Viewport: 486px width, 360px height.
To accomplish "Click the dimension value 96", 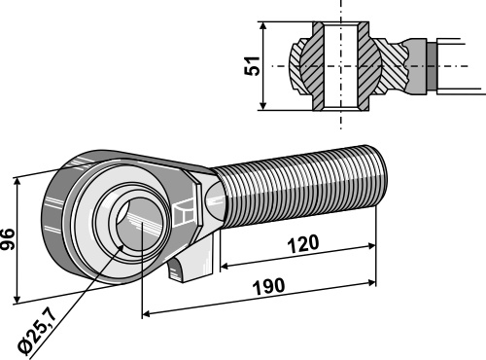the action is coord(8,239).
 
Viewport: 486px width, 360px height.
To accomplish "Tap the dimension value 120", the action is coord(303,244).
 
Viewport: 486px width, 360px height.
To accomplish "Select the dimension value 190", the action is coord(268,286).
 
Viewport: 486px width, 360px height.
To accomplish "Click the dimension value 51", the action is coord(252,66).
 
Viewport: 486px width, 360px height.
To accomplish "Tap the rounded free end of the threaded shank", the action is coord(379,175).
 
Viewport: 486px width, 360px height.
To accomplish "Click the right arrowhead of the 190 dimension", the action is coord(371,283).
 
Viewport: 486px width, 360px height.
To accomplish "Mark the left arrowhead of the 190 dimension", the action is coord(147,313).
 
